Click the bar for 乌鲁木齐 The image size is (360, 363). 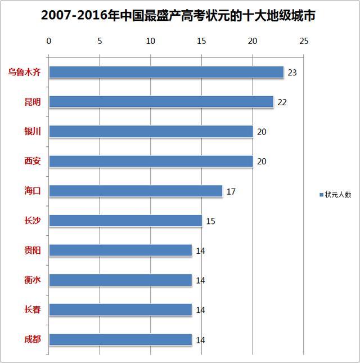tap(166, 72)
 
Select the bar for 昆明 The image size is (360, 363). tap(161, 102)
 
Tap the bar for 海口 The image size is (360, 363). tap(136, 191)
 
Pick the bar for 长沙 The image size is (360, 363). tap(125, 221)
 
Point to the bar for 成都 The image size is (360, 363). tap(120, 339)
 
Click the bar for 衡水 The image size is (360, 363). tap(120, 280)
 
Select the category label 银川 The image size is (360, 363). tap(33, 131)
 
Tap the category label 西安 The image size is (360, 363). tap(33, 161)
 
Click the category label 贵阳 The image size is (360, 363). tap(33, 250)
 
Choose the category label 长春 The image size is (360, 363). tap(33, 310)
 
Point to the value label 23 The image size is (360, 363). tap(292, 73)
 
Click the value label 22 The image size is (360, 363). tap(282, 102)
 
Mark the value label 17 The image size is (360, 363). tap(231, 192)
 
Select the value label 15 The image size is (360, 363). tap(210, 221)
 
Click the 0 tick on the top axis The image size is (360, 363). tap(49, 41)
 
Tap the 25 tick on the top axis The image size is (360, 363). tap(304, 41)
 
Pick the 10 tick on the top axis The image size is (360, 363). tap(151, 41)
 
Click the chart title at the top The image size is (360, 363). tap(178, 16)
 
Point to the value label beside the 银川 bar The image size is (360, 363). tap(262, 132)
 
